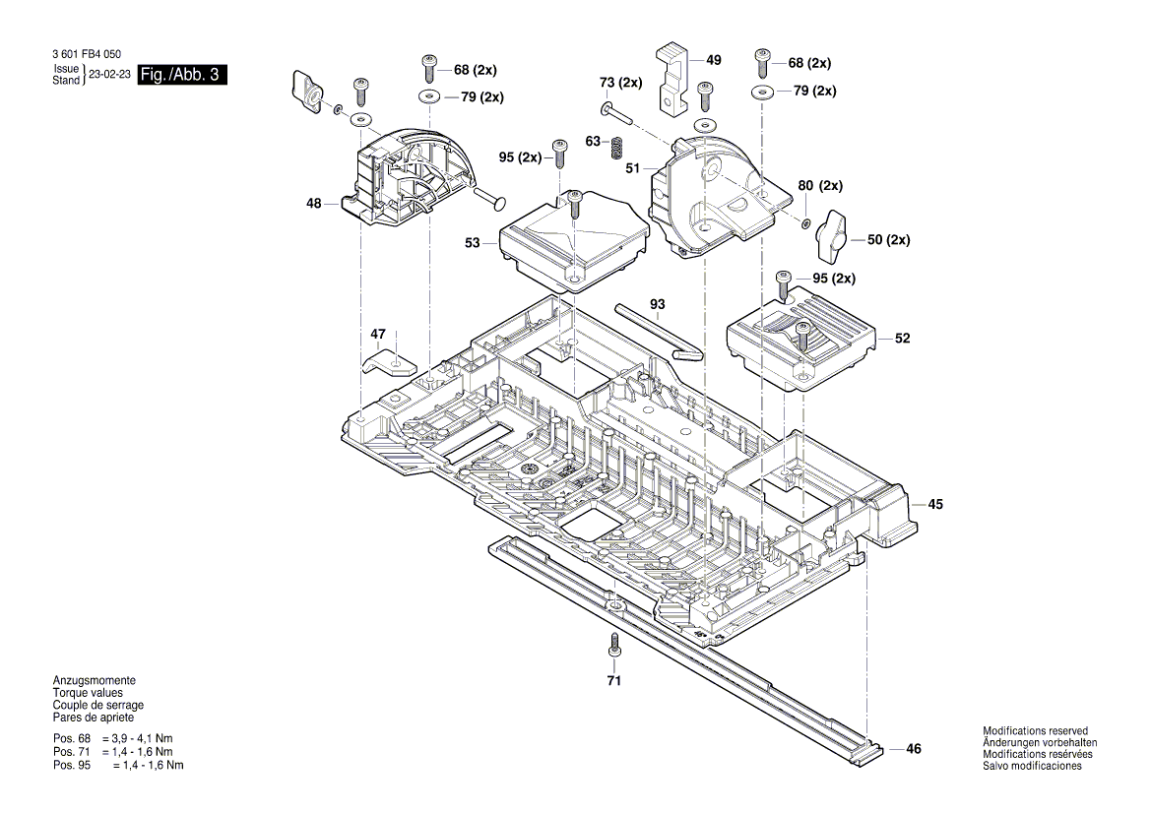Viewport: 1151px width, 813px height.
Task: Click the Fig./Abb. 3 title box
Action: (183, 75)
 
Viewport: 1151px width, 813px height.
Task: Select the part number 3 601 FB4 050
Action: (78, 54)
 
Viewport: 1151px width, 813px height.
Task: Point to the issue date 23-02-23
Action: (110, 75)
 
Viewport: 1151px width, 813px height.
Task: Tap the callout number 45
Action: (934, 504)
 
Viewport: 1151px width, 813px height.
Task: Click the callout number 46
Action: (913, 749)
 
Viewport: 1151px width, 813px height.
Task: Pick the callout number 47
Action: (378, 335)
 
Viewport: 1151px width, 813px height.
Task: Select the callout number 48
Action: (313, 204)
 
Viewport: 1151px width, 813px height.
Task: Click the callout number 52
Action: (902, 339)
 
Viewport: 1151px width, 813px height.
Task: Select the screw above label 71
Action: (613, 645)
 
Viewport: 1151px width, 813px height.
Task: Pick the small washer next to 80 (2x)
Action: (805, 222)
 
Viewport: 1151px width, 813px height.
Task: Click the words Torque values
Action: (88, 693)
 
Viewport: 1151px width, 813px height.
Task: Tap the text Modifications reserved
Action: (1035, 731)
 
